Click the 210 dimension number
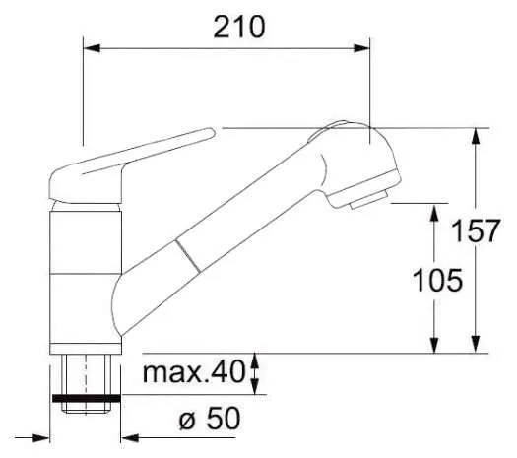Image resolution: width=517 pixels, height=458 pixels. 239,27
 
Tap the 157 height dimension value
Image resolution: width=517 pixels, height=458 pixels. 476,230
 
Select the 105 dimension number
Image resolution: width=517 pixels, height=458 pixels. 437,280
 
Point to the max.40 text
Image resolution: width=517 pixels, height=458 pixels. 194,372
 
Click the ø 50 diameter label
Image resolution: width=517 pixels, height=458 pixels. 210,418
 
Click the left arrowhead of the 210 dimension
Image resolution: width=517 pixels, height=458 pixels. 92,48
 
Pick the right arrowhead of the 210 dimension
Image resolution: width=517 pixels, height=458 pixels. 361,48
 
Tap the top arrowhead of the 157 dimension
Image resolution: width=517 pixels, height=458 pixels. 475,136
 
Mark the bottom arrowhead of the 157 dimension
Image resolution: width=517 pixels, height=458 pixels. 475,345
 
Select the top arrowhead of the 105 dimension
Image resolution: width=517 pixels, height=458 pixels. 434,212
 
